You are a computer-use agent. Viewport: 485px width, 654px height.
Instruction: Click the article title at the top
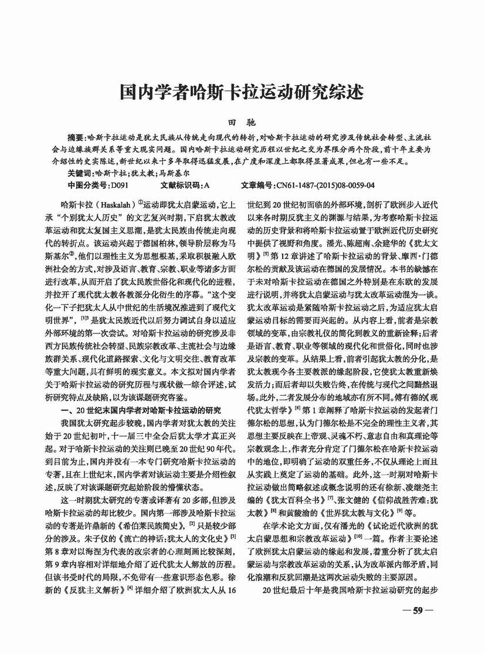(242, 92)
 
